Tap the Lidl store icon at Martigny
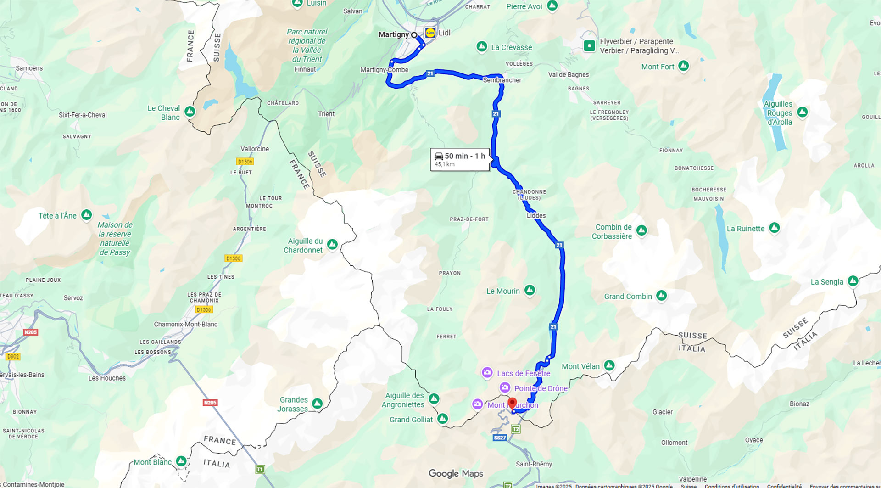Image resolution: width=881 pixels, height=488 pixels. (x=430, y=33)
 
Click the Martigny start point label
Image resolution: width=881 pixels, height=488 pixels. (x=393, y=34)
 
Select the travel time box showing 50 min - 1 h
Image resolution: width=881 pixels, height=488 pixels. (x=460, y=159)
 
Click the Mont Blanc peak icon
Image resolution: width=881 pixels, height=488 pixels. (x=181, y=461)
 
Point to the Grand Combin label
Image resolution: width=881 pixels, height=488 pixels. (x=628, y=297)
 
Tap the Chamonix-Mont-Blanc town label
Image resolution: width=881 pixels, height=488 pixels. (x=185, y=324)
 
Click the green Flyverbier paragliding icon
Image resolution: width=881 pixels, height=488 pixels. (x=589, y=46)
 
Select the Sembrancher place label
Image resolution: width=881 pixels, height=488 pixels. (x=502, y=80)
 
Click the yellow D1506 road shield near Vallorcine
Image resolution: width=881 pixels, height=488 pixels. (x=245, y=162)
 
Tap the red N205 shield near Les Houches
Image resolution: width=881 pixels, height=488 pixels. (x=210, y=403)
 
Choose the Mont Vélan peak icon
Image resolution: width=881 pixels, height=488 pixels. (x=609, y=365)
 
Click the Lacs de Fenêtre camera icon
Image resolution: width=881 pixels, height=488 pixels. (x=487, y=372)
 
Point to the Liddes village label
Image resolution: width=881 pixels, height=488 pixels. (x=536, y=215)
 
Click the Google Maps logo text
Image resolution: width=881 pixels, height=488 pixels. (x=455, y=473)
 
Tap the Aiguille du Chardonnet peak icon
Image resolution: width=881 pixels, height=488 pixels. (x=332, y=244)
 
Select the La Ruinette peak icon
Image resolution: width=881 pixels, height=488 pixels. (x=774, y=227)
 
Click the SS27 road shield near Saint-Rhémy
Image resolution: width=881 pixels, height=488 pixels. (x=500, y=438)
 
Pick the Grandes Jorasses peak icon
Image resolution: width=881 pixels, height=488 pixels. (x=317, y=404)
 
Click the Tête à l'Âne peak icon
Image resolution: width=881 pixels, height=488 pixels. (x=86, y=214)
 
